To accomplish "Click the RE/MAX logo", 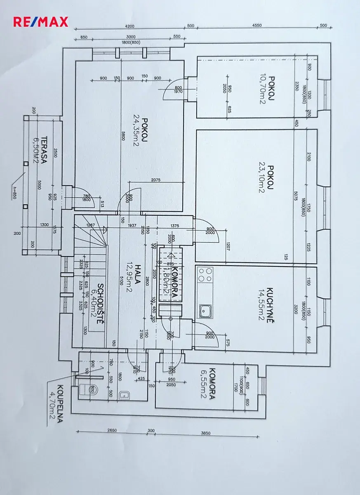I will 40,22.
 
